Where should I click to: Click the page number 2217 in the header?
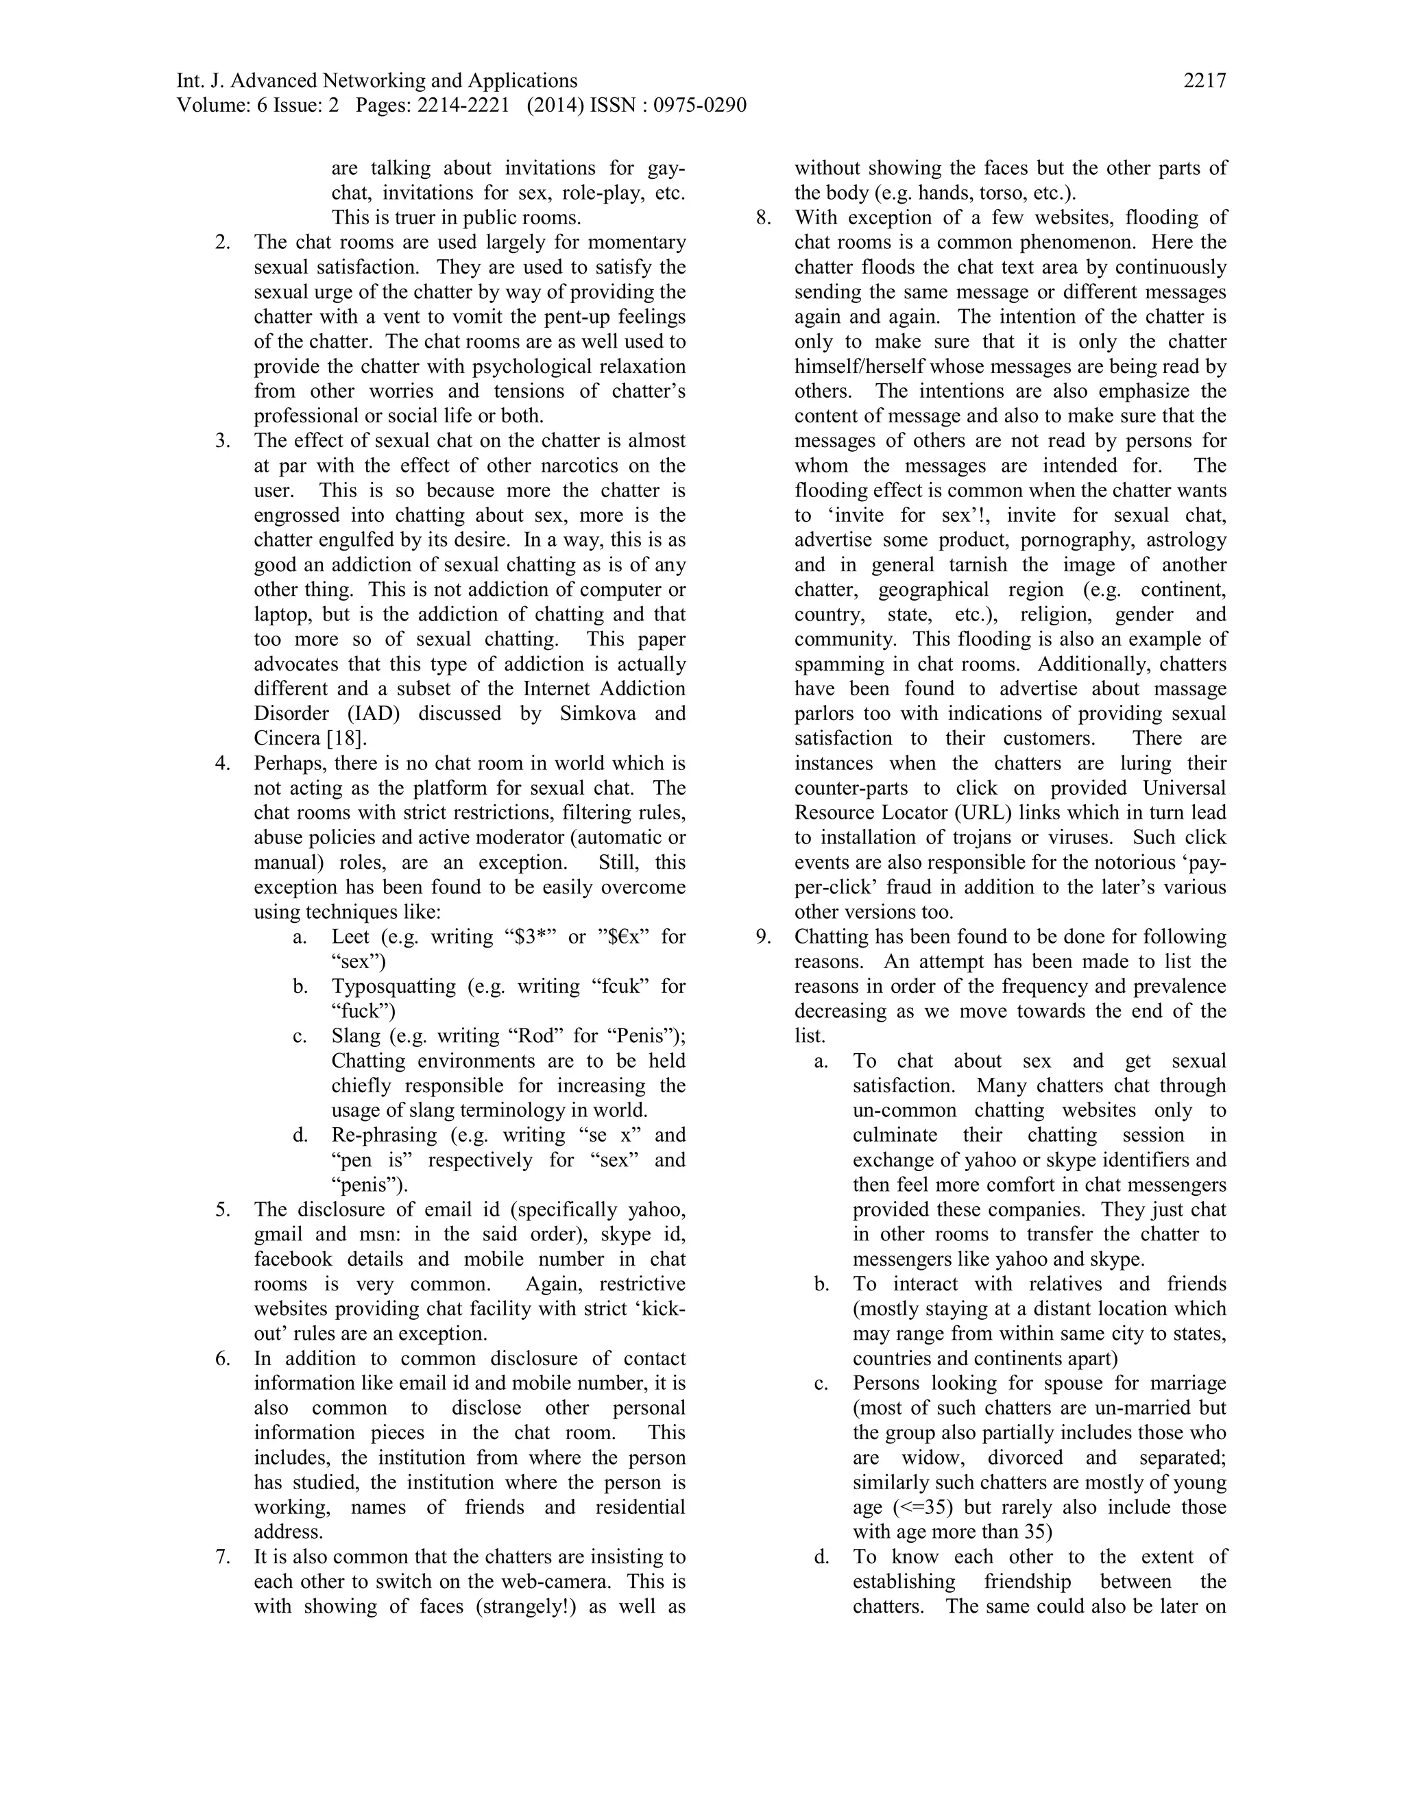pos(1205,81)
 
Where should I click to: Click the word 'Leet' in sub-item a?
pos(350,937)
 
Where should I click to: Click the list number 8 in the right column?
pos(763,218)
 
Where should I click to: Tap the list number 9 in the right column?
pos(763,937)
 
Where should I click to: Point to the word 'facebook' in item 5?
pos(293,1260)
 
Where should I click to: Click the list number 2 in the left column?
pos(222,243)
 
